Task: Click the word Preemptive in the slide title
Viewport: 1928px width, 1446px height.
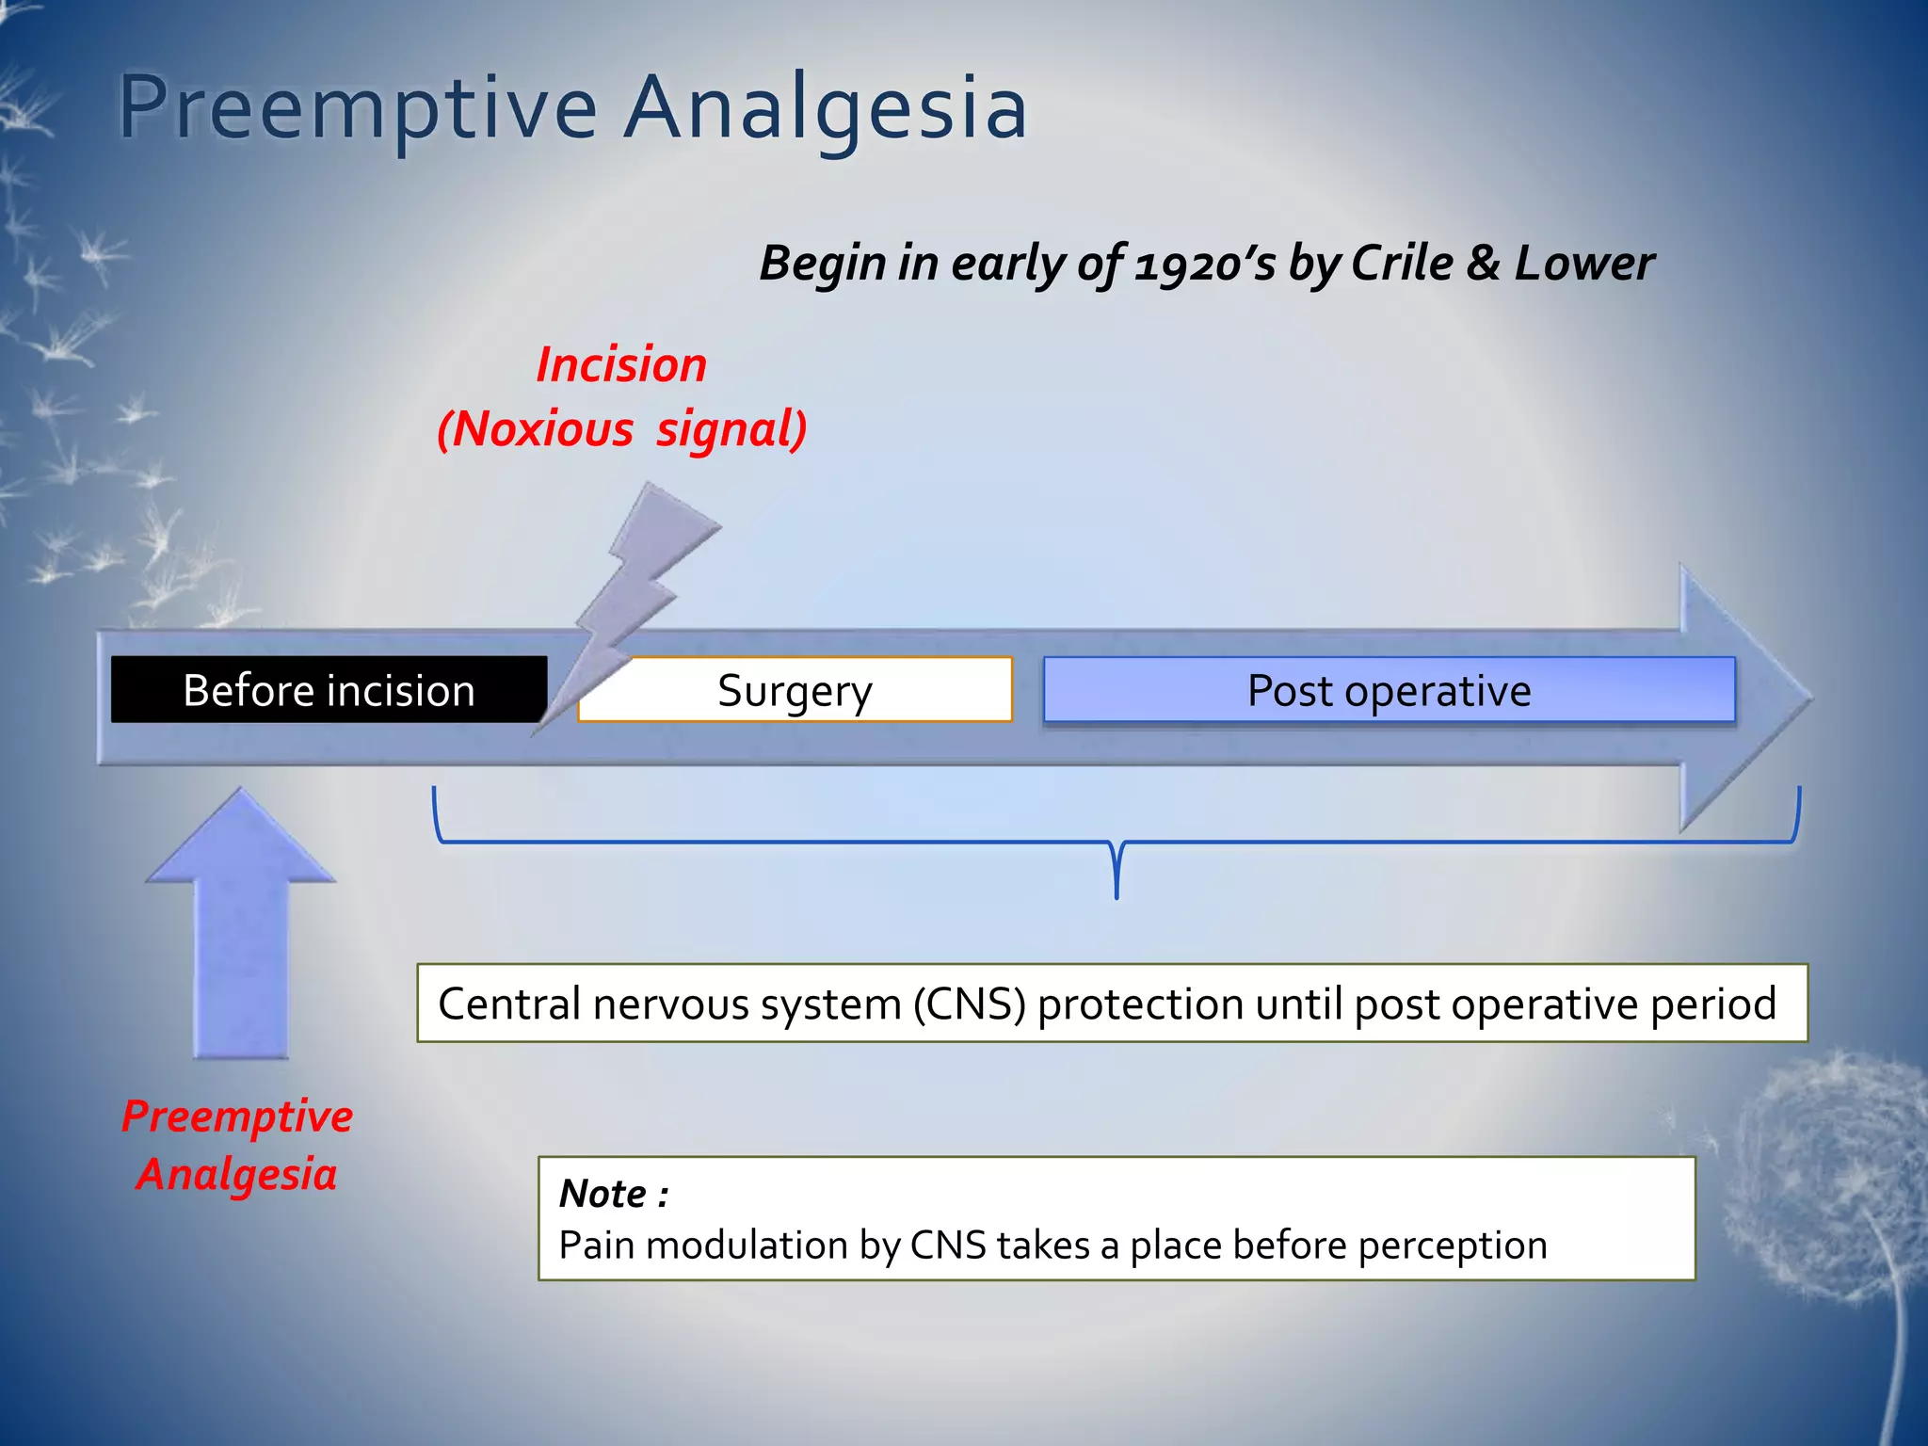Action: [358, 108]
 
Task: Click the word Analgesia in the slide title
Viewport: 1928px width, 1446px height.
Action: [827, 108]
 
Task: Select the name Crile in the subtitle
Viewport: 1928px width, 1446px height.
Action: [1402, 263]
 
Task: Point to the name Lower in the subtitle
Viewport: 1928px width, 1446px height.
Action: [1583, 263]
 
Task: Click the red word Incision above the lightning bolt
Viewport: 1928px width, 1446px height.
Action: [621, 365]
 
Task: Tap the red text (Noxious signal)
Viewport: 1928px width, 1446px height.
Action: [621, 429]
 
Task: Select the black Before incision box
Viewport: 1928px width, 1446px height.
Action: [329, 690]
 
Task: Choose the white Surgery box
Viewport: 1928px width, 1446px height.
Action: [795, 690]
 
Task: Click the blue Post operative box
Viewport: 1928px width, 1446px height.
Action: [1389, 690]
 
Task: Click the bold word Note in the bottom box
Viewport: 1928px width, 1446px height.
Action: [602, 1194]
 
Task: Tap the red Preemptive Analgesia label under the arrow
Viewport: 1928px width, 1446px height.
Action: [237, 1145]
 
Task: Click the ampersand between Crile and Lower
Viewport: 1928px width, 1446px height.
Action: [1483, 263]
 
